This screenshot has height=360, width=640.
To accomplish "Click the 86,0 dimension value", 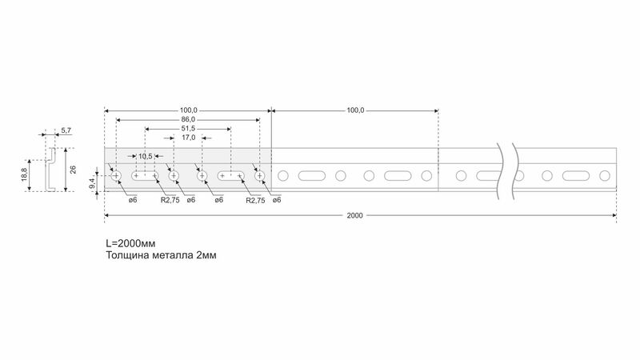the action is [188, 119].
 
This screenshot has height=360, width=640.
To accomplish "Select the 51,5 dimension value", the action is [188, 129].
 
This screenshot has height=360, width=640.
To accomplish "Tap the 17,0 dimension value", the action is [188, 138].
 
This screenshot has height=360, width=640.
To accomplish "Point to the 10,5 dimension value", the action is [146, 156].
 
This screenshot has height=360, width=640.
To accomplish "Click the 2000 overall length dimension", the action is [354, 215].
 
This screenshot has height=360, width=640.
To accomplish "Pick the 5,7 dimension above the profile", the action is [66, 130].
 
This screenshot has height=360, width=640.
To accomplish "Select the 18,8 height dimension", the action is [25, 175].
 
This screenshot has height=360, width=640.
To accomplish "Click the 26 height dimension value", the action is [73, 170].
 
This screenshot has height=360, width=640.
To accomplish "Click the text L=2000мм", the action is [130, 244].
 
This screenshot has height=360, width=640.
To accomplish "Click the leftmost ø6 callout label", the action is [133, 200].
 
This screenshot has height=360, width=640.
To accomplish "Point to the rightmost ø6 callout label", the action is [277, 200].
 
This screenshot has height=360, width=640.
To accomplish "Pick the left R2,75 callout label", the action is [170, 200].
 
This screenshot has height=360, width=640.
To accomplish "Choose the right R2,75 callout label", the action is [255, 201].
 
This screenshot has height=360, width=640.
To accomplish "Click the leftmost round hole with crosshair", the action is [116, 176].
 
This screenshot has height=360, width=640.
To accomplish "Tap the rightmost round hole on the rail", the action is [605, 176].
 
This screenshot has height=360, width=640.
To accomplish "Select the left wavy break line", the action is [500, 171].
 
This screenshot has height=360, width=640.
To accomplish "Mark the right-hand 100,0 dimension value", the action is [355, 110].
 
